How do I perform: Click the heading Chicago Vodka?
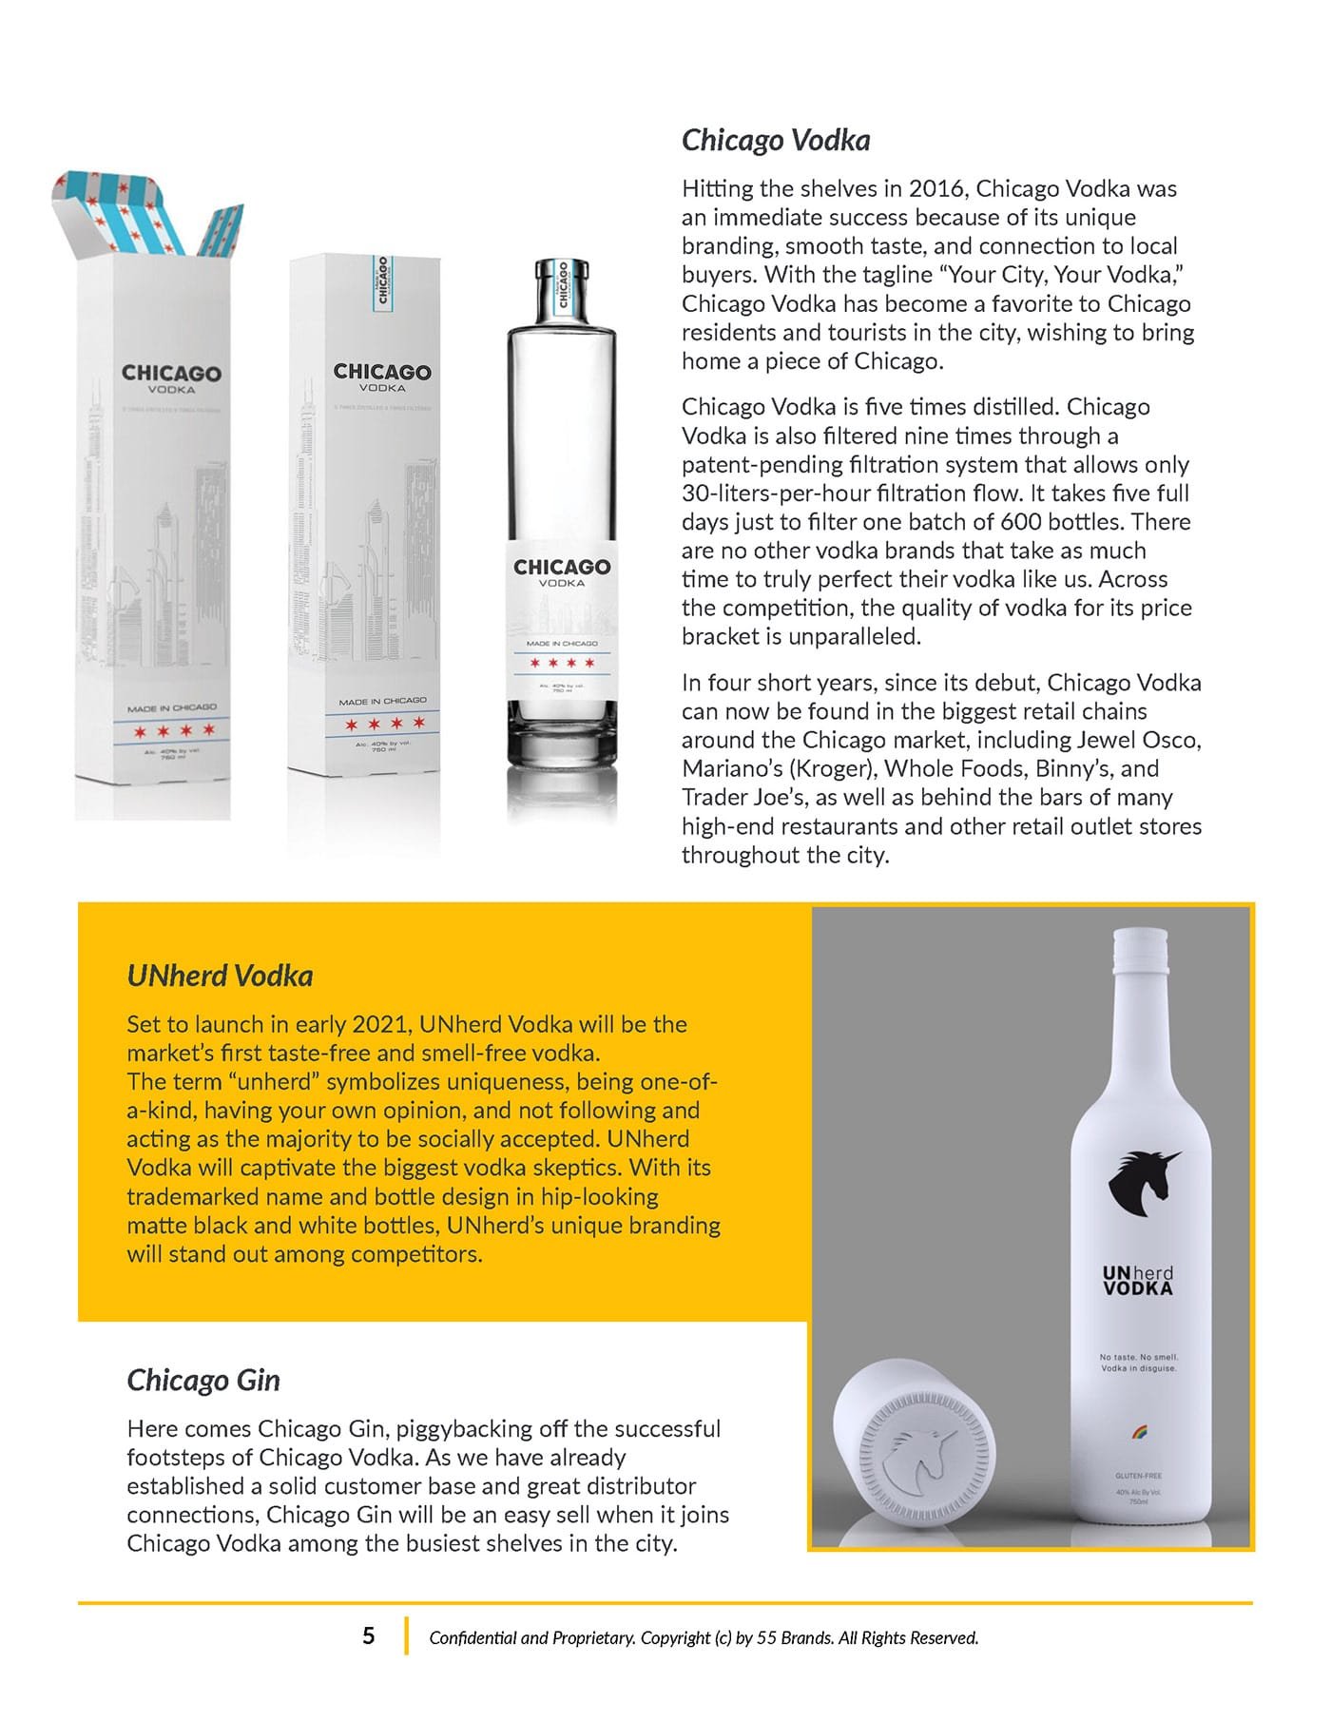point(776,141)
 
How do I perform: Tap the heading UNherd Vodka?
point(220,976)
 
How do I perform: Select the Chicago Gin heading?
point(203,1380)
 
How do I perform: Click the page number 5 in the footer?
point(369,1635)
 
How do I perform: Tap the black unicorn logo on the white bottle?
point(1143,1185)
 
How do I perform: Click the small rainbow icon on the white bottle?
point(1137,1428)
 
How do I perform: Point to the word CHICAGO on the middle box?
point(382,372)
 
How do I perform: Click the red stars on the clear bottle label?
point(561,663)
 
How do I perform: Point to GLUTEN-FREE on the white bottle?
point(1138,1477)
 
